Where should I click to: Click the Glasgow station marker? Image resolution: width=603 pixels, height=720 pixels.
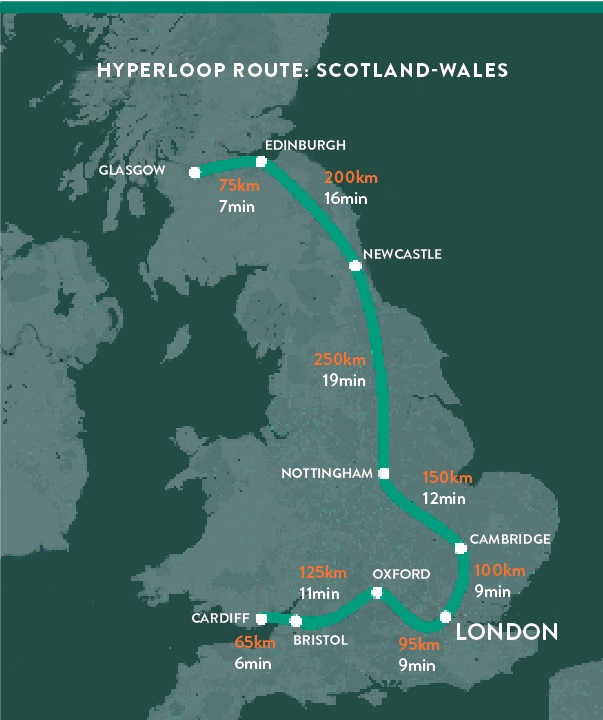(x=195, y=172)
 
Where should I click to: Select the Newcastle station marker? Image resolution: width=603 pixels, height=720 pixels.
(x=355, y=265)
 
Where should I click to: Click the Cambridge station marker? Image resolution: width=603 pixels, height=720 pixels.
(x=460, y=547)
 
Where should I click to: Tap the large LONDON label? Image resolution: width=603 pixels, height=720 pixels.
(x=506, y=632)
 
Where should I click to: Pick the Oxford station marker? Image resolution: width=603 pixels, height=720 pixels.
(x=377, y=593)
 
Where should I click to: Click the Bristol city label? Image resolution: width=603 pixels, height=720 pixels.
(x=319, y=641)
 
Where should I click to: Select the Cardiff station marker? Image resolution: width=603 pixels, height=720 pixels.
(x=260, y=618)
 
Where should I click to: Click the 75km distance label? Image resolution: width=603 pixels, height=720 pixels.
(x=240, y=186)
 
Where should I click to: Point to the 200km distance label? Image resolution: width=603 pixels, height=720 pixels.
(x=351, y=177)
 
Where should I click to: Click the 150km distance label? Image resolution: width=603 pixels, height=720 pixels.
(x=446, y=478)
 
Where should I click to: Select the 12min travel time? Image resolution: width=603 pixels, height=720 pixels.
(x=444, y=498)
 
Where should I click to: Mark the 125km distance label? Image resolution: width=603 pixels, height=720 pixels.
(x=323, y=573)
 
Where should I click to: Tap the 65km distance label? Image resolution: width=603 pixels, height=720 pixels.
(x=253, y=642)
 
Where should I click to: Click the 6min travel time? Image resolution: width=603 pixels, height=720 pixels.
(x=254, y=662)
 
